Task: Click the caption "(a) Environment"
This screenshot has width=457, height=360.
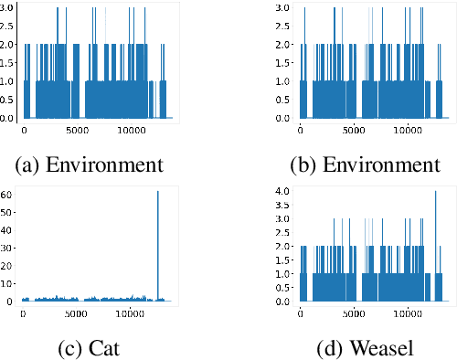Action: point(90,165)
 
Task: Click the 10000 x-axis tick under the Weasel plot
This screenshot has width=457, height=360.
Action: point(408,313)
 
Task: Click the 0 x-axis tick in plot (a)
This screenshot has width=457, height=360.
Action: point(24,131)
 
